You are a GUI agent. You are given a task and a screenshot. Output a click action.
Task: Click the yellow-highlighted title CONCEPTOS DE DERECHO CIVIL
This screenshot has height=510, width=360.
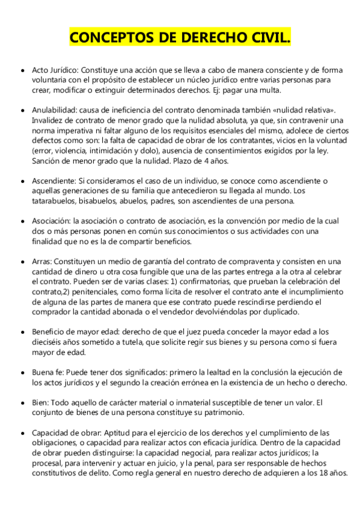tap(180, 38)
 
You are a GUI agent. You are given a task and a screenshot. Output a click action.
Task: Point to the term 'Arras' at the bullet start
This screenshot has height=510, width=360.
tap(42, 261)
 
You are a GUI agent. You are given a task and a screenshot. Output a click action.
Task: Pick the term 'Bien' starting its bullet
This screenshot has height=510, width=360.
tap(40, 402)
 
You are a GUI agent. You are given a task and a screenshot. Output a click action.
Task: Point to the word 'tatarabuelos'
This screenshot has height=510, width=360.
tap(54, 201)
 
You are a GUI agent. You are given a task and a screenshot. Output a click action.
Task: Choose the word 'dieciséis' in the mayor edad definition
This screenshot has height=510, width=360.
tap(51, 342)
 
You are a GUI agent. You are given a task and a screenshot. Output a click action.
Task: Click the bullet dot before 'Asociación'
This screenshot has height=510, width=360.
tap(22, 222)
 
